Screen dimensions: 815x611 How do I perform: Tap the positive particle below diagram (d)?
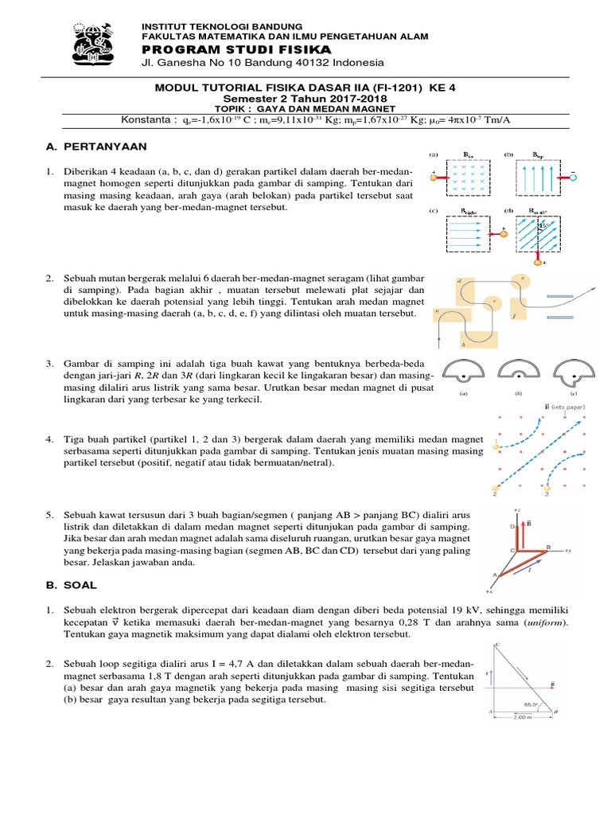(x=538, y=259)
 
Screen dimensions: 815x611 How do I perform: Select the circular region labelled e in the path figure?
(x=522, y=282)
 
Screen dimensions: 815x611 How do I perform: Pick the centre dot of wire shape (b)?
(x=517, y=374)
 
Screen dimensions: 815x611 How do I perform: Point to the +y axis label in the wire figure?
(x=587, y=550)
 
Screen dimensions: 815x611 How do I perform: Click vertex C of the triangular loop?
(x=497, y=643)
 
